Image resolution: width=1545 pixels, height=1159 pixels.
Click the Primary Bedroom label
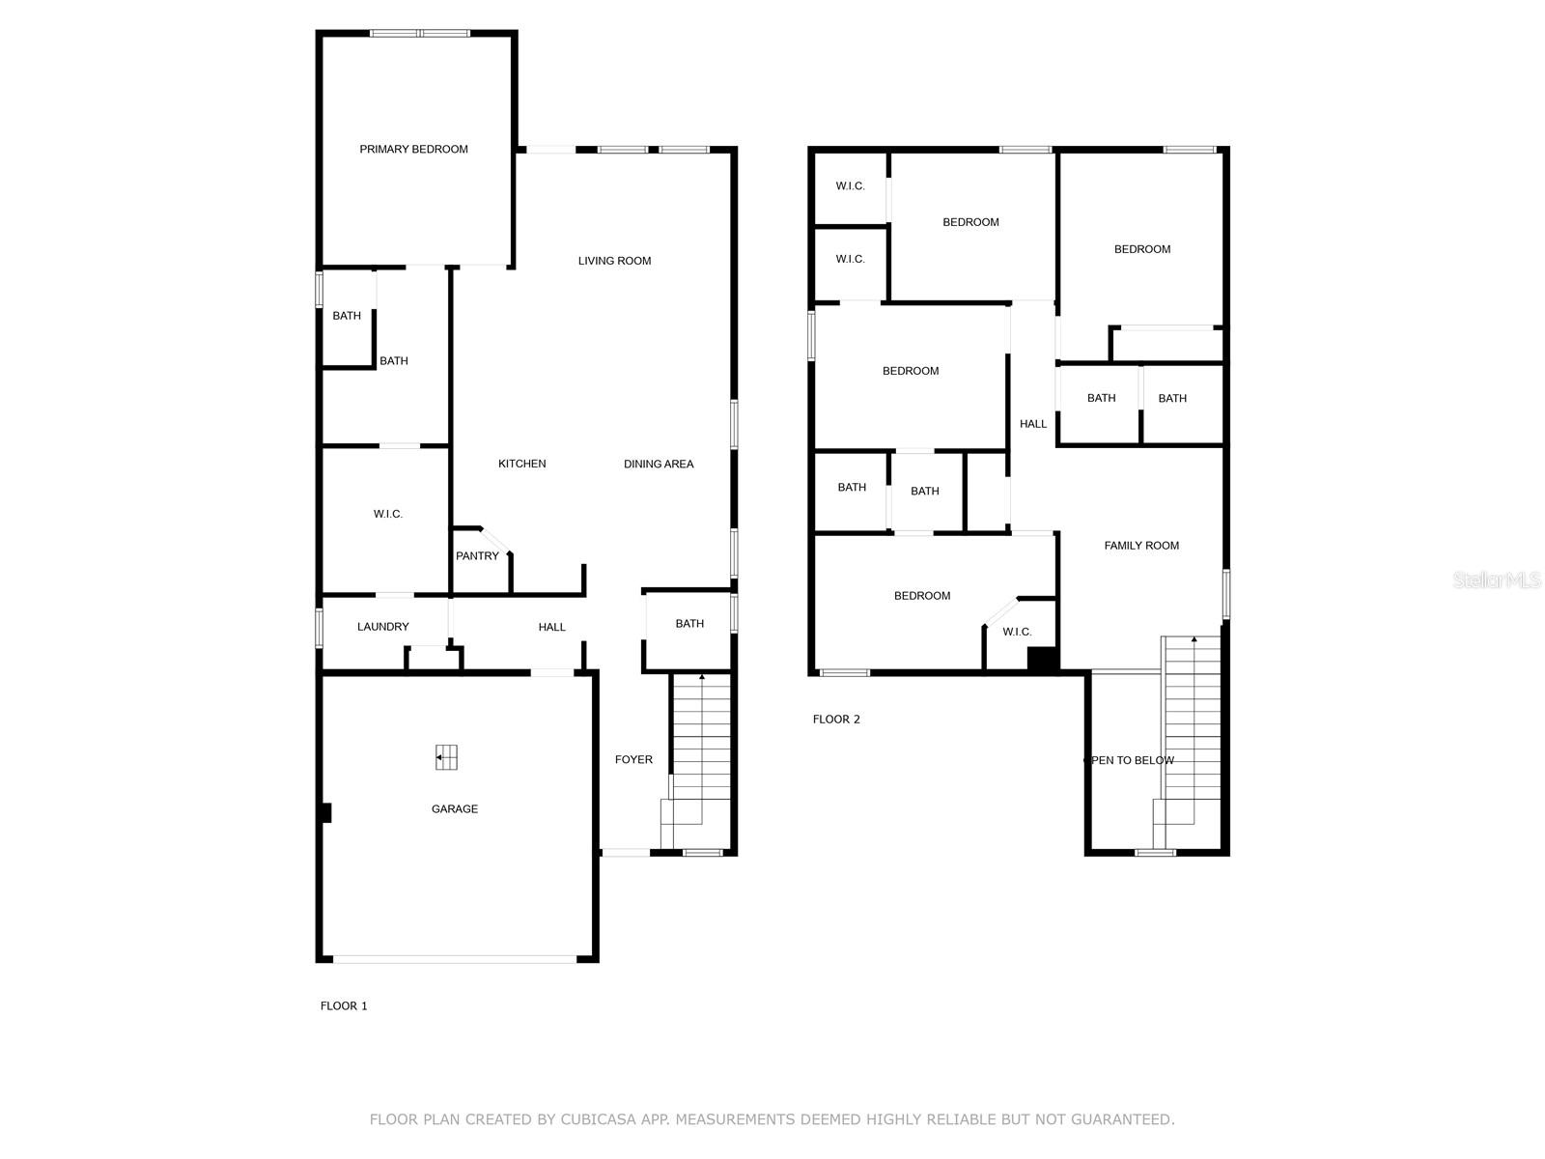click(x=413, y=149)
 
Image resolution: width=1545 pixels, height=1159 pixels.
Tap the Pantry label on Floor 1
click(x=477, y=556)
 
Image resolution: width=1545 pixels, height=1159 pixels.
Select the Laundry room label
click(x=382, y=627)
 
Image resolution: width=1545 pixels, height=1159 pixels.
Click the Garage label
click(x=454, y=809)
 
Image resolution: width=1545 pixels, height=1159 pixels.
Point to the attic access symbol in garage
click(x=446, y=757)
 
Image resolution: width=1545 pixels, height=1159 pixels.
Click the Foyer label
click(x=633, y=760)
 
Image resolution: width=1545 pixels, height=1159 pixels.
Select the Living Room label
click(x=614, y=261)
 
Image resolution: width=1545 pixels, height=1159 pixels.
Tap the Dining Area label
click(x=659, y=465)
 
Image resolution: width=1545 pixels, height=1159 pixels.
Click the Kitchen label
click(x=521, y=465)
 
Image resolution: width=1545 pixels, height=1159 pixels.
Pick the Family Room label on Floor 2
click(x=1141, y=546)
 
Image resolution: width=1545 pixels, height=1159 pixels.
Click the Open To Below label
click(x=1130, y=761)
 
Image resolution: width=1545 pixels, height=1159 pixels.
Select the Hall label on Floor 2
click(x=1032, y=424)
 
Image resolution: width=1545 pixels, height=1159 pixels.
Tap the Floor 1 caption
click(x=344, y=1006)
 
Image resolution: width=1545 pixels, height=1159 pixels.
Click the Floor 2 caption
click(x=836, y=720)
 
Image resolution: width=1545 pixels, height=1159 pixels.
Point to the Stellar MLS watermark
click(x=1497, y=580)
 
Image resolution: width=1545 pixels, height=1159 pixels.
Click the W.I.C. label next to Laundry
click(x=387, y=515)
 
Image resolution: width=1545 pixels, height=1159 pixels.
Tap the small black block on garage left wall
click(x=326, y=813)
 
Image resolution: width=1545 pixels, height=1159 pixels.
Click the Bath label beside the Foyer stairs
click(x=689, y=624)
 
